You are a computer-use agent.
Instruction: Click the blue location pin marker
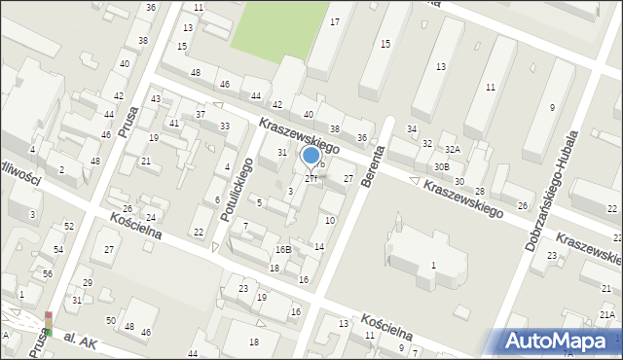tap(311, 156)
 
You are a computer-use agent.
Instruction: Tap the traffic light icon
tap(47, 324)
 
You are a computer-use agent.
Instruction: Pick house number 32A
tap(452, 150)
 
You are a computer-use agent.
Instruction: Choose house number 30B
tap(442, 166)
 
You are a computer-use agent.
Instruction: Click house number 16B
tap(282, 250)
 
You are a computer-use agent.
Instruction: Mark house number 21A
tap(606, 314)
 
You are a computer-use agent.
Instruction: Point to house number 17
tap(335, 21)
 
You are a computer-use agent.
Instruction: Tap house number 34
tap(412, 129)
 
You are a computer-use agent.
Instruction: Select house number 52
tap(69, 226)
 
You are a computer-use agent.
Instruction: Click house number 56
tap(48, 274)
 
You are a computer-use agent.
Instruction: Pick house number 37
tap(201, 115)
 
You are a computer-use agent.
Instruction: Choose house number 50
tap(112, 320)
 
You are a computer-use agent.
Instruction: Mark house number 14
tap(318, 247)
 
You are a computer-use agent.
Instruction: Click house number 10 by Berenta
tap(330, 221)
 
